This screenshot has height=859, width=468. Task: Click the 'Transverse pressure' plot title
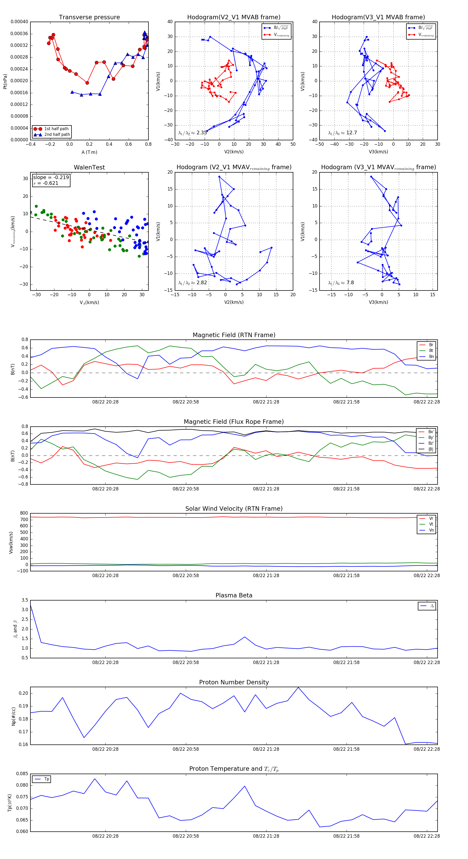[x=89, y=17]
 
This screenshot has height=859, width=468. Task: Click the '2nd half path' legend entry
[x=57, y=135]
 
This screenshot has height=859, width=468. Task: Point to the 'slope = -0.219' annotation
[x=51, y=178]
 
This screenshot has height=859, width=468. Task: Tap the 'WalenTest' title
[x=89, y=167]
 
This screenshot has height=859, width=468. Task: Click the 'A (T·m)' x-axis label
[x=89, y=152]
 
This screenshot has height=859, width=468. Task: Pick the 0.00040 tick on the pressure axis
[x=19, y=22]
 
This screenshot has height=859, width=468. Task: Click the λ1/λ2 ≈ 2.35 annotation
[x=192, y=133]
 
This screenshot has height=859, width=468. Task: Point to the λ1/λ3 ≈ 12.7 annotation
[x=342, y=133]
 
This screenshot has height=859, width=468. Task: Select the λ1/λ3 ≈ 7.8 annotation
[x=341, y=283]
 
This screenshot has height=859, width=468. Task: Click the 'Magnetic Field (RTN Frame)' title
[x=234, y=335]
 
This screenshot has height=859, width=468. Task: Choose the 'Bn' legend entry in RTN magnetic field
[x=431, y=356]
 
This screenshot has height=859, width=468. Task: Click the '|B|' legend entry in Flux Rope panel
[x=431, y=449]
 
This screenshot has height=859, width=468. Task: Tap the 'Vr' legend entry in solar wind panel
[x=431, y=519]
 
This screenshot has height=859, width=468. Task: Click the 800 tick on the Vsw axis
[x=24, y=513]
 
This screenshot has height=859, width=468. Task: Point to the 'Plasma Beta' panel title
[x=234, y=596]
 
